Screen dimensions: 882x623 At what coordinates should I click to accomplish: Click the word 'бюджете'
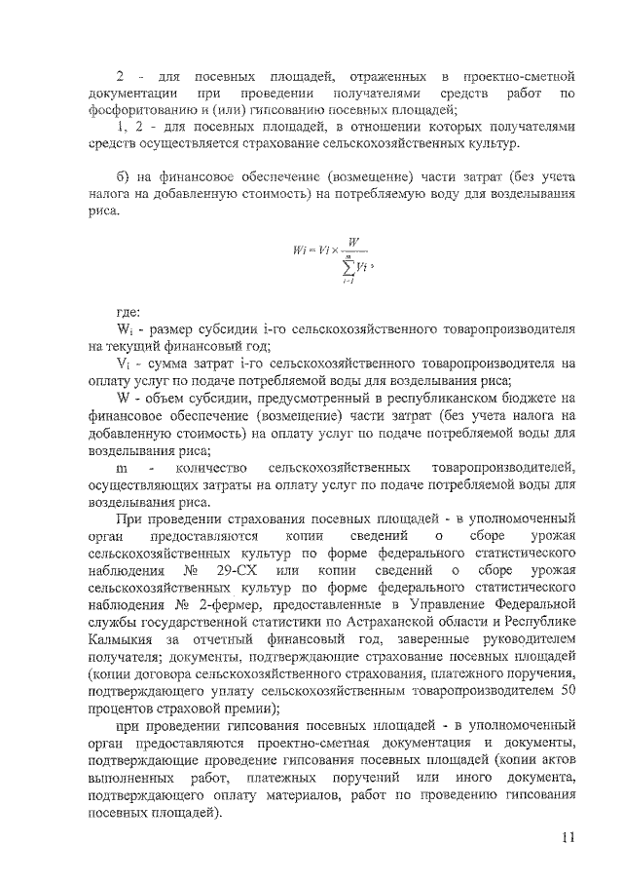530,398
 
